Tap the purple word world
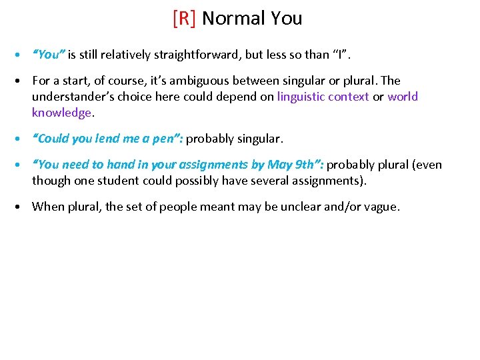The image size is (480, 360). point(403,97)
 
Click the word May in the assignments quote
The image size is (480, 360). point(279,165)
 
